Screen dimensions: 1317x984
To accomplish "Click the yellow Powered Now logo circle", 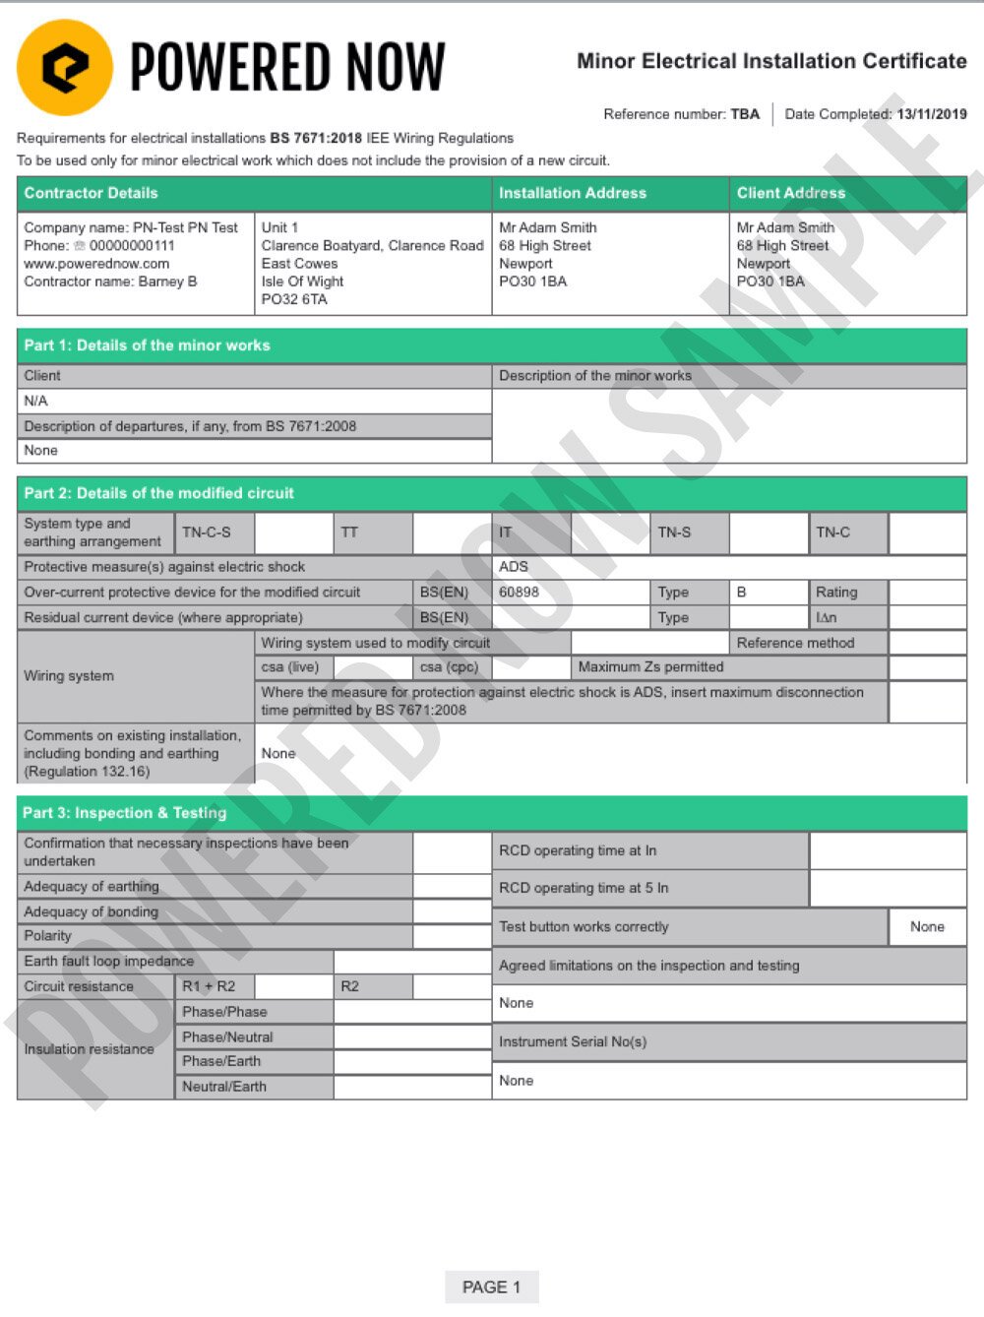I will [65, 67].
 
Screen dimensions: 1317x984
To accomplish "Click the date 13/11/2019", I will [931, 114].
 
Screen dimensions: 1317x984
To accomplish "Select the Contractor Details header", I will [91, 193].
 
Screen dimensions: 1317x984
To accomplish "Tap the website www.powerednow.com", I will [96, 264].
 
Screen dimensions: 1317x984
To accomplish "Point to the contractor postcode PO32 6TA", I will [293, 299].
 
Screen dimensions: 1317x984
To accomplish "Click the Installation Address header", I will [572, 193].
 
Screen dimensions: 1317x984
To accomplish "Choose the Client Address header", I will [790, 193].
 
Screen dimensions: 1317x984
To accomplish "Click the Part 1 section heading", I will [147, 345].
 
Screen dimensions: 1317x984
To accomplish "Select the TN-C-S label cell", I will [207, 533].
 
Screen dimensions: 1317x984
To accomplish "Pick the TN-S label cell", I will [674, 533].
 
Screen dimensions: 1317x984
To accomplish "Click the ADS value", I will [514, 567].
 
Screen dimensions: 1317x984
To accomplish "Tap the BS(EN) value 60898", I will [519, 593].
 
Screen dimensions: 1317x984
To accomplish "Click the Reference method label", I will [795, 643].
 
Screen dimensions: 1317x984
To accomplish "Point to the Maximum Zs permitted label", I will [650, 667].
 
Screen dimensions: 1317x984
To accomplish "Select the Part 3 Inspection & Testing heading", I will [124, 813].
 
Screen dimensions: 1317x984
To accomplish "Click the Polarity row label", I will [47, 936].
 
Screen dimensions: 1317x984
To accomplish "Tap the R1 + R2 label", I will [209, 986].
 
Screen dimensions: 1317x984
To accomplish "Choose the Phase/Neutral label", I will [227, 1037].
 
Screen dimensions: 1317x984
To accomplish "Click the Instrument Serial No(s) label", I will [572, 1041].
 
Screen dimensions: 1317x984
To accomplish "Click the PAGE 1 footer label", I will [491, 1287].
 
